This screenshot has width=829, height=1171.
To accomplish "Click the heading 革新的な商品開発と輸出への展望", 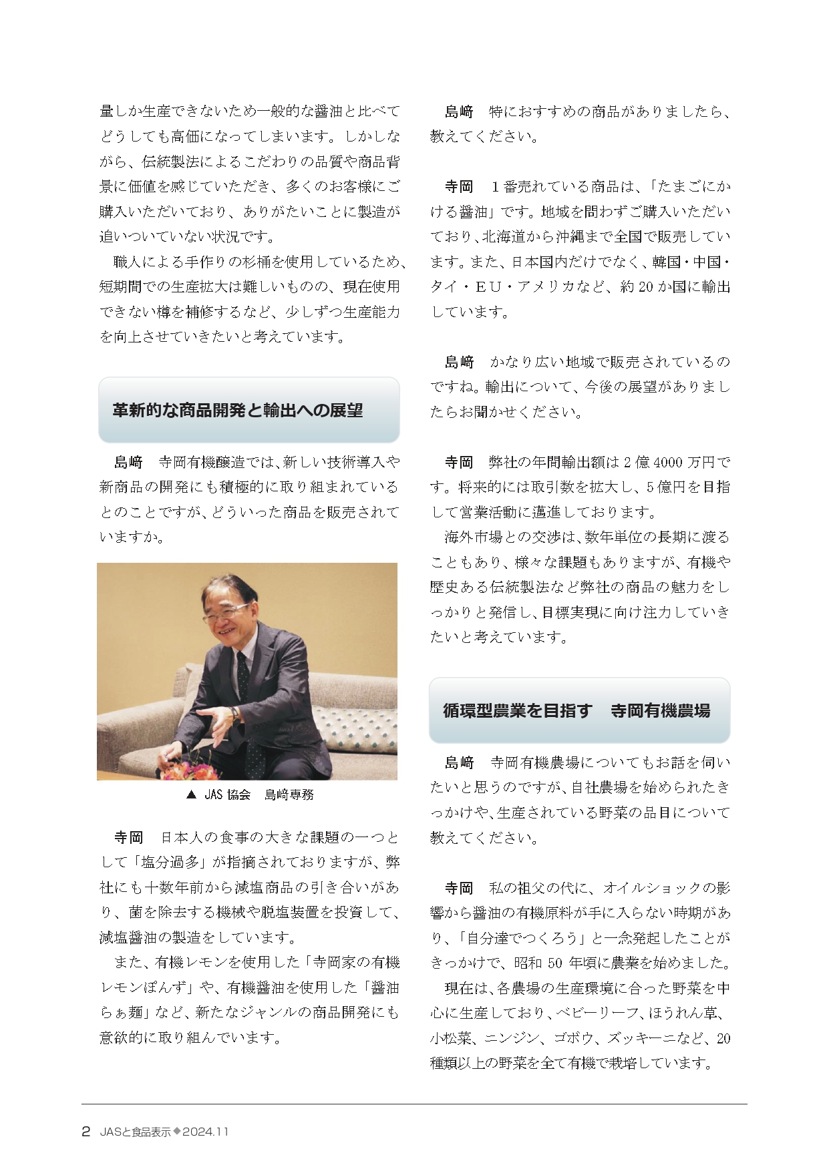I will (x=237, y=410).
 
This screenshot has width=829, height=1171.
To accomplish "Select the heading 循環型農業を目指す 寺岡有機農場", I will (x=576, y=710).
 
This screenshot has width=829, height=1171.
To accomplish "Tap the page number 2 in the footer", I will (x=86, y=1131).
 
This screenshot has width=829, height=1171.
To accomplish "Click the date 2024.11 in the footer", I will (x=206, y=1132).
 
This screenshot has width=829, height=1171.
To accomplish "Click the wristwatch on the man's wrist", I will (x=235, y=714).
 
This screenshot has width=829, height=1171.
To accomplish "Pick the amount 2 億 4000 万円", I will (x=670, y=462).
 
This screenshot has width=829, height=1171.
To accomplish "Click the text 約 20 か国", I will (x=651, y=287).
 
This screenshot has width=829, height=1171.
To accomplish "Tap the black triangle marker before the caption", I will (x=191, y=794).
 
